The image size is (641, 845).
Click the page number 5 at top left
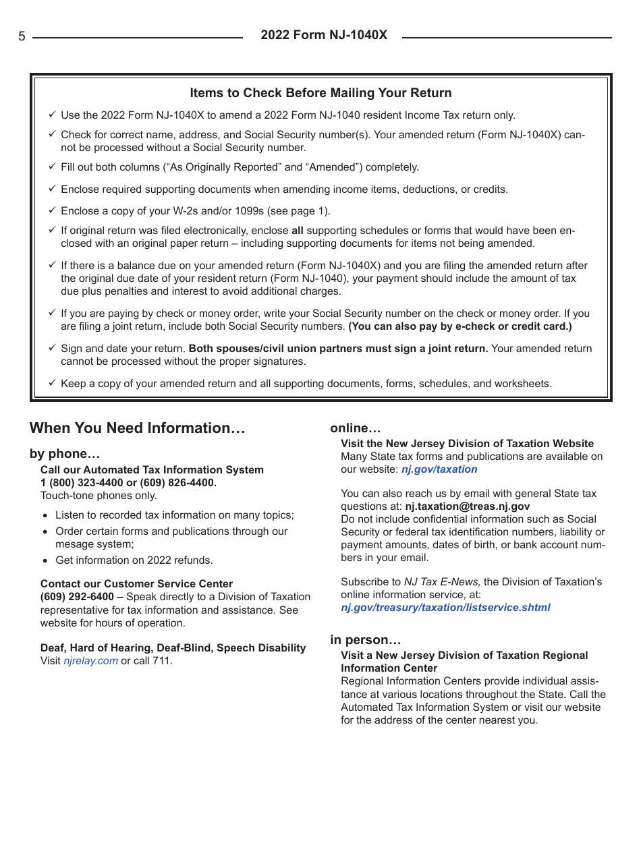click(22, 37)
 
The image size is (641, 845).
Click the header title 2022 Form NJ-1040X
click(324, 35)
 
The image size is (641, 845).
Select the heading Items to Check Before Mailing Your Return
click(320, 93)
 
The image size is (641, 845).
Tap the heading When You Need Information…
click(138, 428)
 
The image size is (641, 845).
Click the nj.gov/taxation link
click(439, 469)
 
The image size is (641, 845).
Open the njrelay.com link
click(90, 661)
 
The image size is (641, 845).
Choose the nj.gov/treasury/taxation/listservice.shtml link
click(445, 607)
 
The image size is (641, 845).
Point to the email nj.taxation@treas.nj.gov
click(468, 506)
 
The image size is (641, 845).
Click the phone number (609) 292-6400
click(76, 597)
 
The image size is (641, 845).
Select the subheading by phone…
click(65, 454)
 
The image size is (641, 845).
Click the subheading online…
click(356, 428)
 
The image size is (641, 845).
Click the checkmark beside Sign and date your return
click(52, 348)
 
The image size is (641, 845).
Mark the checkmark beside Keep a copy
click(52, 383)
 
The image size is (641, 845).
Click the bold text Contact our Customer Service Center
click(136, 584)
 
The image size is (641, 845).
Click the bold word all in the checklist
click(297, 231)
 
